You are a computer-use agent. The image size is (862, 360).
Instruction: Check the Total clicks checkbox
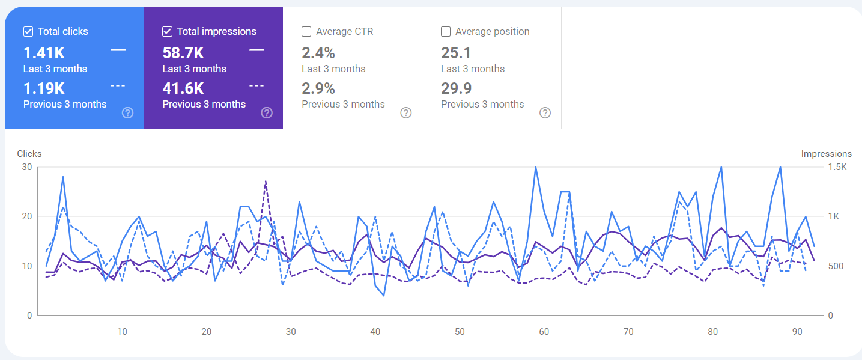point(28,31)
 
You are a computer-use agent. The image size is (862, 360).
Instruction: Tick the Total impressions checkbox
point(168,31)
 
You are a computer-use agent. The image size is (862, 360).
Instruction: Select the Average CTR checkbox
point(307,31)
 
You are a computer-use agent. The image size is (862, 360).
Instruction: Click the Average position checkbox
point(446,31)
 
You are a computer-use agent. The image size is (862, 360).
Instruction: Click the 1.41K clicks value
point(44,53)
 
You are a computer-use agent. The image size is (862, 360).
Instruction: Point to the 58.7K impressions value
point(183,53)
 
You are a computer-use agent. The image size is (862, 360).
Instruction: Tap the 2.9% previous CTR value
point(318,88)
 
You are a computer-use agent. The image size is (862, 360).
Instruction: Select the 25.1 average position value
point(456,53)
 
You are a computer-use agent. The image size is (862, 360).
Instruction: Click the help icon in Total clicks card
point(127,112)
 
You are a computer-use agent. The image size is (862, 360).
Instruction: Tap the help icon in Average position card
point(545,112)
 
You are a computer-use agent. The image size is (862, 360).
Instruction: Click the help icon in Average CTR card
point(406,112)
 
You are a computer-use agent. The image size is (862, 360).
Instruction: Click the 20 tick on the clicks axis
point(26,216)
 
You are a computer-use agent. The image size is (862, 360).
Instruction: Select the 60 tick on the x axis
point(544,332)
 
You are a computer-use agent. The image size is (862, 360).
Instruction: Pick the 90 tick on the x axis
point(797,332)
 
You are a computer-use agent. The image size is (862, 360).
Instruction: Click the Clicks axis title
point(29,154)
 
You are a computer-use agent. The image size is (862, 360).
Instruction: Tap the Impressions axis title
point(826,154)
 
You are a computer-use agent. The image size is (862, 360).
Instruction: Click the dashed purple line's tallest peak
point(266,181)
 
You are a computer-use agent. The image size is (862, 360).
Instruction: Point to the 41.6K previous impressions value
point(183,88)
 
